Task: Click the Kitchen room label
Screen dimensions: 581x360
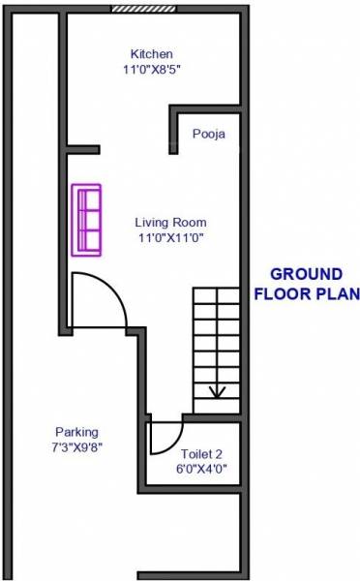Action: pyautogui.click(x=153, y=53)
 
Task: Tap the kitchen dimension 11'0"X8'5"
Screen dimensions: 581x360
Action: pyautogui.click(x=153, y=70)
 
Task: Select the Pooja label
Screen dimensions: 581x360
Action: pyautogui.click(x=208, y=135)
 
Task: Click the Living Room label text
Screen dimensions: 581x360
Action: pyautogui.click(x=169, y=221)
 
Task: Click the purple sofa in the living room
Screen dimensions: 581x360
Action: pyautogui.click(x=87, y=219)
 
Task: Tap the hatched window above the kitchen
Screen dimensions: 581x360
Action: pyautogui.click(x=143, y=9)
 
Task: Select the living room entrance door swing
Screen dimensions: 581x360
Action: pyautogui.click(x=100, y=300)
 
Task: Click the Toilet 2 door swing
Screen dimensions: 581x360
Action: pyautogui.click(x=166, y=438)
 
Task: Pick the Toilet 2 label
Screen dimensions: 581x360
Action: pyautogui.click(x=202, y=453)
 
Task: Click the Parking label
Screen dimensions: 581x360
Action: pyautogui.click(x=76, y=432)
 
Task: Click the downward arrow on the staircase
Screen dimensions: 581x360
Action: pyautogui.click(x=217, y=390)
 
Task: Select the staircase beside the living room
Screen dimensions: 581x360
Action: pyautogui.click(x=217, y=349)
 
